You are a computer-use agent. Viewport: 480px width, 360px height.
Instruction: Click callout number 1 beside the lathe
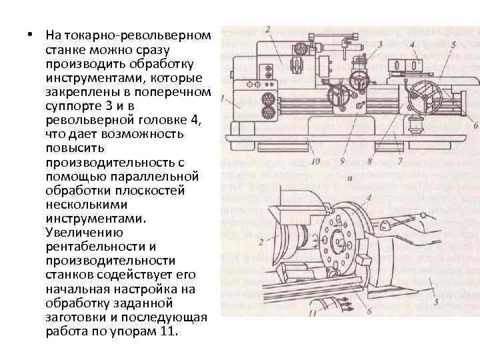tap(223, 102)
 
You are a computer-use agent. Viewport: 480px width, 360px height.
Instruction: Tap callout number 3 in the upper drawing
tap(380, 44)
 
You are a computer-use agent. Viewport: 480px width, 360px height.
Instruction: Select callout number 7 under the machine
tap(399, 160)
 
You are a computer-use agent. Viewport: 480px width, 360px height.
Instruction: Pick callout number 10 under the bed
tap(315, 160)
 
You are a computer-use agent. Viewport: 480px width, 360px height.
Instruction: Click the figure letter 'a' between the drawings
tap(349, 178)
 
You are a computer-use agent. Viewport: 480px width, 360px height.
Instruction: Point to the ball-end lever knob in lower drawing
tap(424, 214)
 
